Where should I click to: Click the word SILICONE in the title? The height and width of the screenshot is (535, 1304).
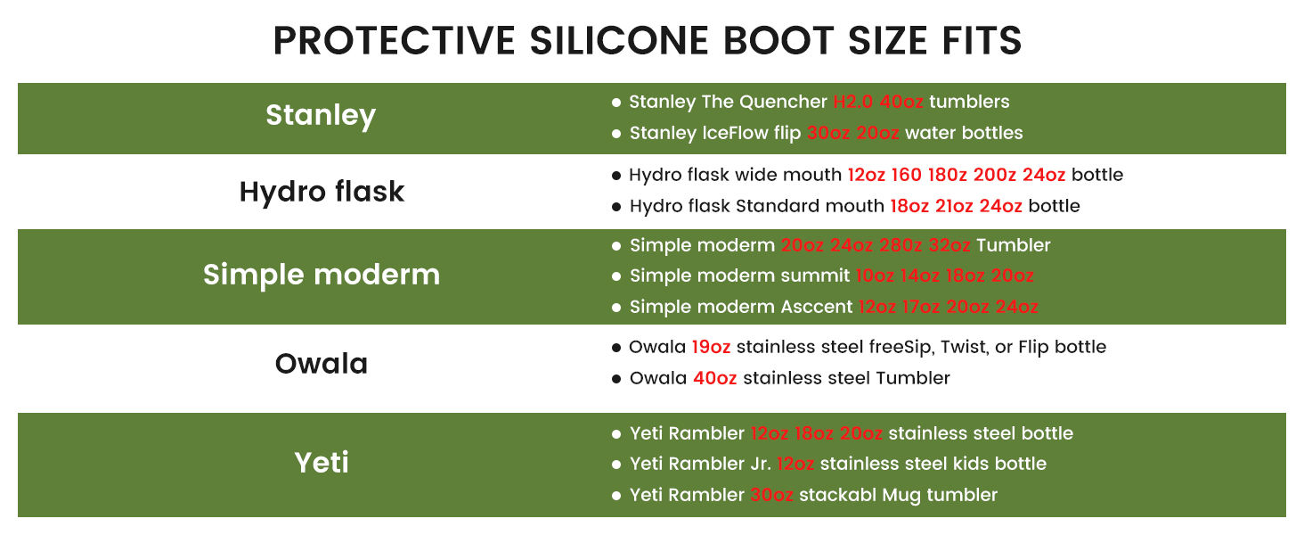[x=619, y=41]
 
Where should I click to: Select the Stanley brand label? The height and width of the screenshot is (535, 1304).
[x=321, y=115]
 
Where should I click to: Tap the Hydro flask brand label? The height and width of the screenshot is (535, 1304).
[x=322, y=191]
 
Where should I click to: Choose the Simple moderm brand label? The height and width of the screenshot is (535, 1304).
[x=322, y=274]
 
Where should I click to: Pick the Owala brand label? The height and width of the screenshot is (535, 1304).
[x=322, y=364]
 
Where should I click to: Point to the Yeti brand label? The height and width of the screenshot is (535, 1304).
[x=322, y=463]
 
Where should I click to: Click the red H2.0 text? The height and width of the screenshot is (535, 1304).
[x=852, y=102]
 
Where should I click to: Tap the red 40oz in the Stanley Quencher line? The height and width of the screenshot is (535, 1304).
[x=901, y=102]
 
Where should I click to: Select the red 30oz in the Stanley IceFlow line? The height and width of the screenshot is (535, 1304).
[x=828, y=133]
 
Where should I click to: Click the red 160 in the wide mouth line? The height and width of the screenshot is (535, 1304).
[x=907, y=175]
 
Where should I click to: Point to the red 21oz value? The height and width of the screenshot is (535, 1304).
[x=954, y=206]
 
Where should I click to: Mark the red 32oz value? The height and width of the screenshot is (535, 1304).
[x=949, y=245]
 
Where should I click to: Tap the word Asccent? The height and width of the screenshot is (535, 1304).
[x=816, y=307]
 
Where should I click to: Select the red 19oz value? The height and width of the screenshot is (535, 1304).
[x=711, y=348]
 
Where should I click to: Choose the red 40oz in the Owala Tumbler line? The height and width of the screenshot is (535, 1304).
[x=715, y=378]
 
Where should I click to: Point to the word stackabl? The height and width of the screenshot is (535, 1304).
[x=837, y=495]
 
